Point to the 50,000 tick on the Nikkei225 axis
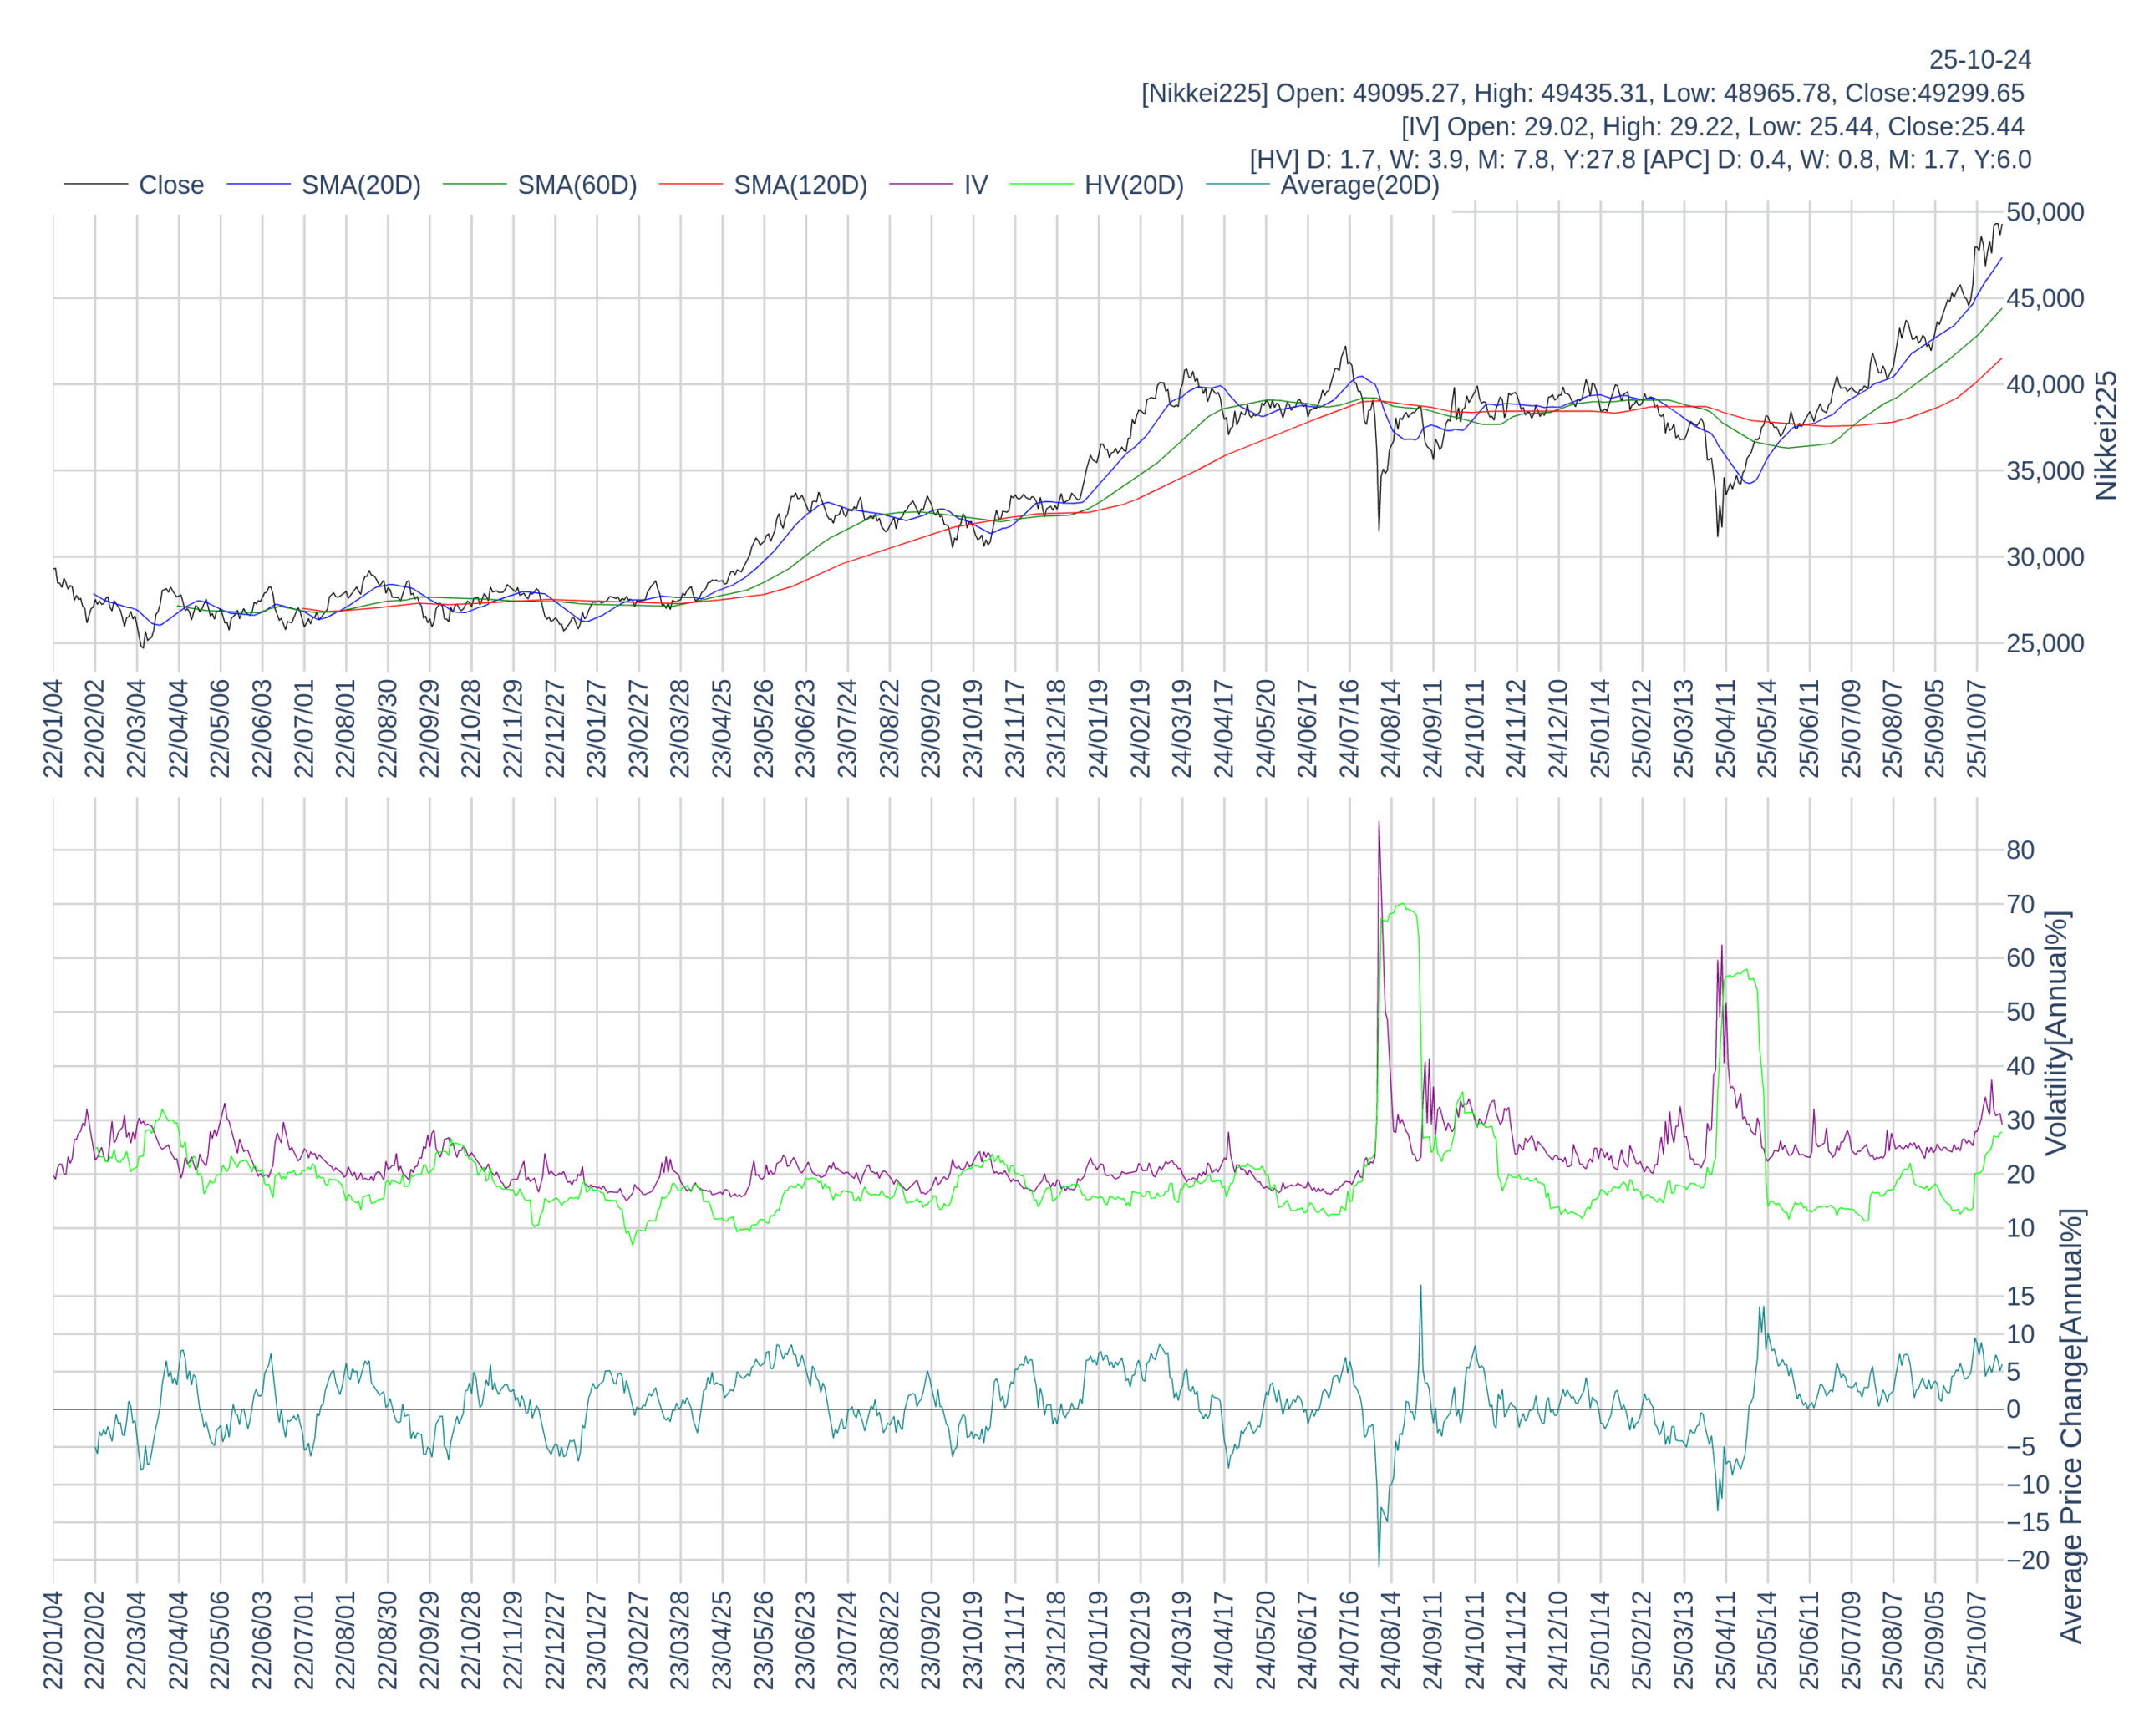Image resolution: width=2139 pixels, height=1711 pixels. (x=2045, y=212)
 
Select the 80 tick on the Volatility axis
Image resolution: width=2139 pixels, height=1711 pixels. (x=2020, y=850)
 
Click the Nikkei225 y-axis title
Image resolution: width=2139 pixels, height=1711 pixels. (x=2106, y=435)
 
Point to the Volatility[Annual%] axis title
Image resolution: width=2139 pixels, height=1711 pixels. (x=2056, y=1033)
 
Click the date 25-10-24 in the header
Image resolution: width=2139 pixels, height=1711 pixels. (x=1979, y=59)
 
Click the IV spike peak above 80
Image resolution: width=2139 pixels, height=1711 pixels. (x=1379, y=823)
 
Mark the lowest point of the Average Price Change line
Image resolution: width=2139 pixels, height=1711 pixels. (x=1379, y=1565)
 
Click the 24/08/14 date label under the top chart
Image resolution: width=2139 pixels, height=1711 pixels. (x=1391, y=729)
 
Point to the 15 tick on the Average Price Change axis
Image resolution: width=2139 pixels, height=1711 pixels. (x=2020, y=1297)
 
